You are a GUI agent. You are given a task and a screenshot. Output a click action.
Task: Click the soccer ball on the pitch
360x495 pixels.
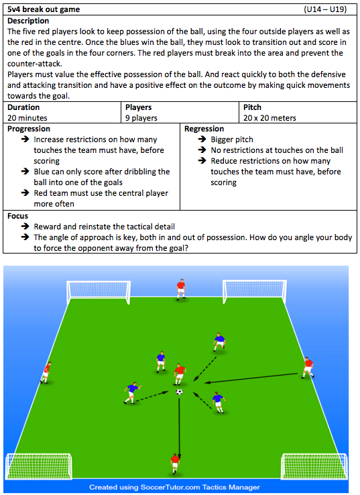(x=179, y=392)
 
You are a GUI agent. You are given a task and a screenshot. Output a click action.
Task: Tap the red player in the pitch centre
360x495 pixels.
(x=180, y=374)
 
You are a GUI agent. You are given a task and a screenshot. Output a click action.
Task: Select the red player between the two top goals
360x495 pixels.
(x=181, y=289)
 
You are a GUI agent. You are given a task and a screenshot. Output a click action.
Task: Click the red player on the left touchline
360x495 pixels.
(x=46, y=372)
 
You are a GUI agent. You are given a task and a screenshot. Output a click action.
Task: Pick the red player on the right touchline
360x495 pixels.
(x=308, y=368)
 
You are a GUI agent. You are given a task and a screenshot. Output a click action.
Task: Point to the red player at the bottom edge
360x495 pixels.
(x=175, y=463)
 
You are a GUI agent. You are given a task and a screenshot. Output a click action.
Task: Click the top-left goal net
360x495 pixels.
(x=99, y=292)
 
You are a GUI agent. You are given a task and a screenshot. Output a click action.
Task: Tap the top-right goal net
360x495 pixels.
(x=255, y=291)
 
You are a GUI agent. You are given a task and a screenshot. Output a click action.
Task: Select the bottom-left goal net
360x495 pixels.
(x=39, y=467)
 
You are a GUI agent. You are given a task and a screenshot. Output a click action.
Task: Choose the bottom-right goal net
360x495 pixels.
(x=314, y=467)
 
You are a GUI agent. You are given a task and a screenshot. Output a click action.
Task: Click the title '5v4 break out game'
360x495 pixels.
(x=44, y=9)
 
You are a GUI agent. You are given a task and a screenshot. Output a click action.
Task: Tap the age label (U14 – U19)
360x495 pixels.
(x=325, y=9)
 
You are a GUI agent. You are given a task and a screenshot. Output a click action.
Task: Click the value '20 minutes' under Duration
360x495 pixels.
(x=27, y=118)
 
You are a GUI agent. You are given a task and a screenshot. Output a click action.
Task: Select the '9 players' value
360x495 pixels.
(x=141, y=118)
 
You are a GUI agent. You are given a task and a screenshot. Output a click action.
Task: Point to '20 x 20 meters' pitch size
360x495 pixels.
(x=269, y=118)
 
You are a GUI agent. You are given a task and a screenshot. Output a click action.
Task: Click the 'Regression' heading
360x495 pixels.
(x=204, y=129)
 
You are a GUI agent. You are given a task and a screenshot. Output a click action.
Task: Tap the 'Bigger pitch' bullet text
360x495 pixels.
(x=232, y=140)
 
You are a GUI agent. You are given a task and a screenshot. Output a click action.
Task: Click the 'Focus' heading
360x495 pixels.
(x=17, y=216)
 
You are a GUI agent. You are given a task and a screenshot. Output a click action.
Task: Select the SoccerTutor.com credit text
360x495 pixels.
(x=174, y=487)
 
